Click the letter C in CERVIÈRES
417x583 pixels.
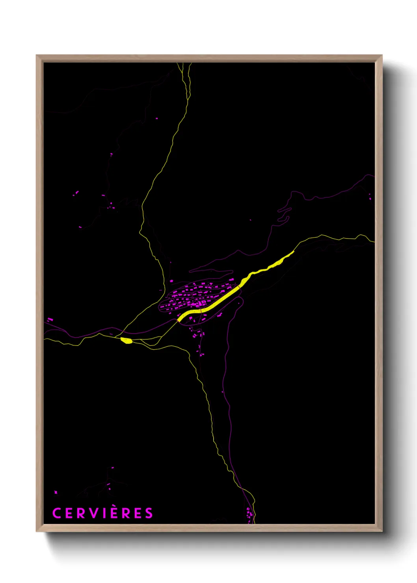pos(57,513)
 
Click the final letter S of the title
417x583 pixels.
pos(149,513)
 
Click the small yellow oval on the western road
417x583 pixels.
pos(127,340)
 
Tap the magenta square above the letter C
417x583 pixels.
pos(56,492)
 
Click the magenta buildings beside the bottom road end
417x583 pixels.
pos(249,514)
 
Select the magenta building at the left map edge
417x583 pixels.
pos(50,319)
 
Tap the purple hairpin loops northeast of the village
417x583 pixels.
pos(284,215)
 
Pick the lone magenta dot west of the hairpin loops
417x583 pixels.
pos(250,220)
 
